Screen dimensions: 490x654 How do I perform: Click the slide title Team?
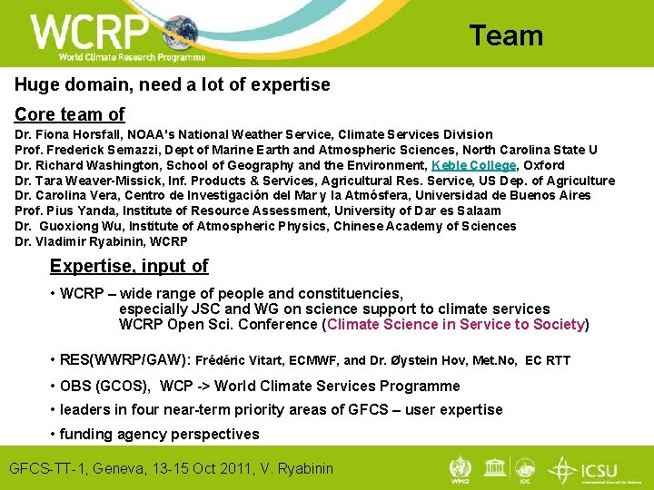point(506,35)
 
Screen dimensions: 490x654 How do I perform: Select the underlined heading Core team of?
point(69,114)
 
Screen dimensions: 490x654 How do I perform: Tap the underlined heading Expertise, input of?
point(129,266)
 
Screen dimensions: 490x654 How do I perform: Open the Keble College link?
point(473,165)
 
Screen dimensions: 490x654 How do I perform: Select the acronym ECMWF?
point(313,360)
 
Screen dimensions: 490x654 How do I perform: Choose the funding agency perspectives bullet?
point(159,434)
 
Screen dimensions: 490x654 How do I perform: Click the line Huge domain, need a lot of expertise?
point(172,84)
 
